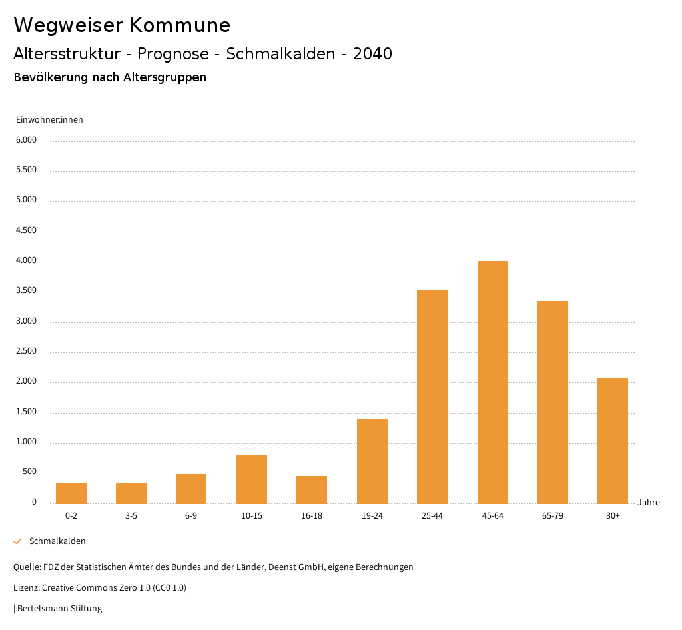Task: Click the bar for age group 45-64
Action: (x=492, y=382)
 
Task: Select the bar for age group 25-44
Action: (x=432, y=397)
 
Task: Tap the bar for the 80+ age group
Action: (x=613, y=441)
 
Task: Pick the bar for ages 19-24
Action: (x=372, y=461)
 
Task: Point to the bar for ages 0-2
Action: (x=71, y=493)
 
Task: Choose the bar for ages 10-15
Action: (x=252, y=479)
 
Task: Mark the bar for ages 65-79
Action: (x=553, y=402)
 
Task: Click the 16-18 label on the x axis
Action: (x=312, y=516)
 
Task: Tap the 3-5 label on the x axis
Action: (x=131, y=516)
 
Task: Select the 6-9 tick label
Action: (x=191, y=516)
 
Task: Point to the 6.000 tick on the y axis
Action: (x=26, y=140)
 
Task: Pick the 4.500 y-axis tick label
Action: (x=26, y=230)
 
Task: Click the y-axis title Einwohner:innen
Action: (x=49, y=120)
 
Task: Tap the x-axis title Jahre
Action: (x=649, y=503)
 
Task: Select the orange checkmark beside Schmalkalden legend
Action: (x=18, y=541)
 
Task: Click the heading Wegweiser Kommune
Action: (x=122, y=25)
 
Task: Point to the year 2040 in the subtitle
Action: (x=372, y=54)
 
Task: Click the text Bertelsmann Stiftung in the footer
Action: (x=59, y=608)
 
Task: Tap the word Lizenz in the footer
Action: (x=25, y=588)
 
